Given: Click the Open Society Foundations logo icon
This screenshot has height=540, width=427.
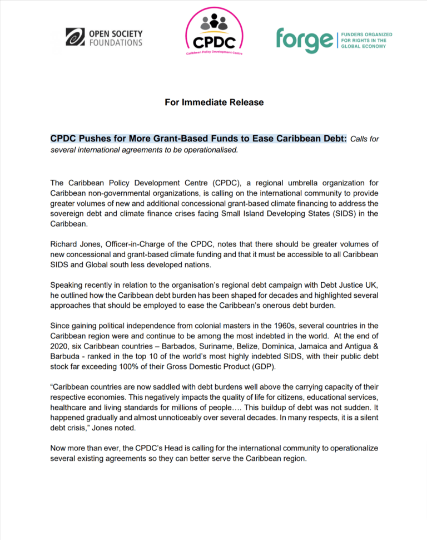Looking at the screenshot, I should pos(75,37).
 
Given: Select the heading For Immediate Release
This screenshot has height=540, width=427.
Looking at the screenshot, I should pos(214,102).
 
